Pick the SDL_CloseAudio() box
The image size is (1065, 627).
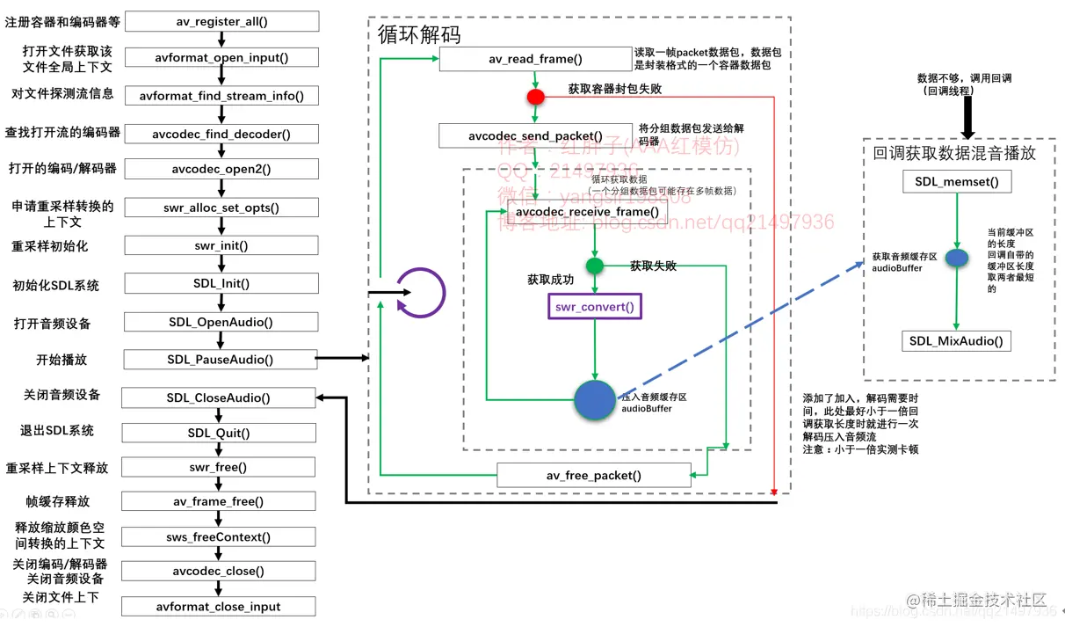(219, 398)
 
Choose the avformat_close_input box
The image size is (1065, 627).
(219, 607)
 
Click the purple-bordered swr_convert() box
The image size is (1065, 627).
(594, 307)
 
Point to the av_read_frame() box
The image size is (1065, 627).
(535, 60)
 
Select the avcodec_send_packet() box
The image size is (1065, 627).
(535, 136)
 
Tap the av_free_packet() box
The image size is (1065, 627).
(594, 476)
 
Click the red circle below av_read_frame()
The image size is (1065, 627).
(535, 96)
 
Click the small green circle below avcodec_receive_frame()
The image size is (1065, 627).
(595, 266)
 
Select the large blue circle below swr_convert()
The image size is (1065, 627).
(595, 400)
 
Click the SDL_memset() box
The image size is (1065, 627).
(957, 182)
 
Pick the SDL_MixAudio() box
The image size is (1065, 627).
(957, 341)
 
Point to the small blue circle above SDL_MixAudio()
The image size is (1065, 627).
(956, 261)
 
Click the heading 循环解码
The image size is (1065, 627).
(419, 35)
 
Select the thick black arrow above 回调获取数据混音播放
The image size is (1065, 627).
(967, 117)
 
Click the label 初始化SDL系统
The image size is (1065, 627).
(55, 286)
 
